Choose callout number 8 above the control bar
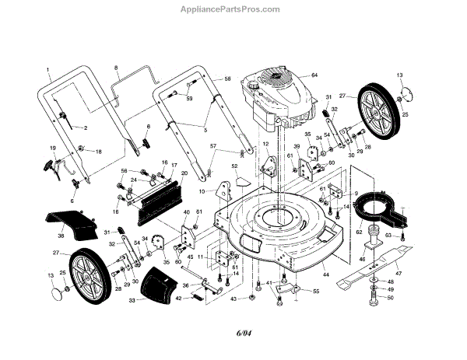(116, 69)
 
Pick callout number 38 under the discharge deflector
(61, 235)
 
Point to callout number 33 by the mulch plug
(132, 299)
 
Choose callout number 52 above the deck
(233, 165)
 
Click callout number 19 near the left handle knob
(54, 148)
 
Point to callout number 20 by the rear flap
(184, 173)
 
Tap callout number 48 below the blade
(390, 281)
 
